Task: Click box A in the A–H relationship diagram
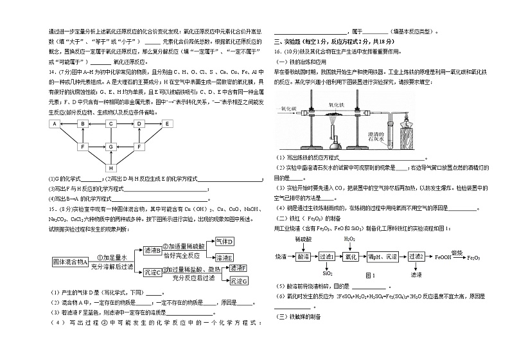(x=55, y=124)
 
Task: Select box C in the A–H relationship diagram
(x=111, y=124)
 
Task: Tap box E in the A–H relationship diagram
(x=167, y=124)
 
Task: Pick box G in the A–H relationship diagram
(x=111, y=147)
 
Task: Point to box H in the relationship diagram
(x=111, y=168)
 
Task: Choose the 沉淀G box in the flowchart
(x=238, y=281)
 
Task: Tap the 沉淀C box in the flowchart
(x=152, y=272)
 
